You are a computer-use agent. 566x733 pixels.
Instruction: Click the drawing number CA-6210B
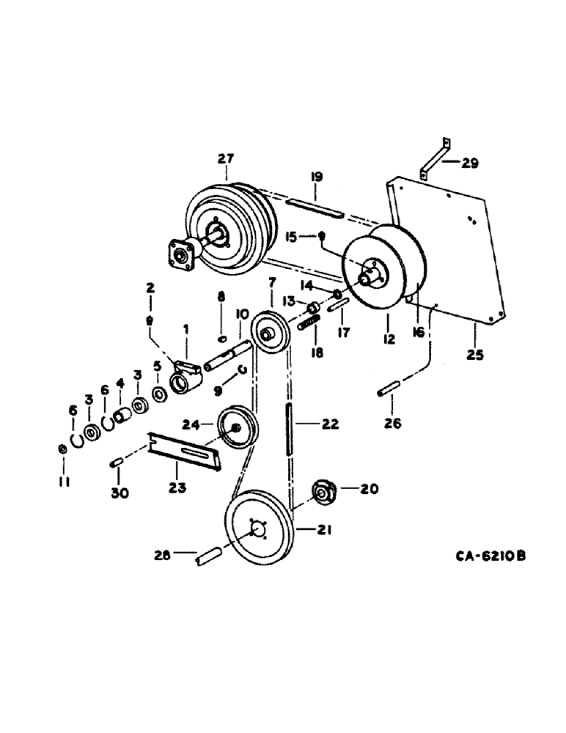pyautogui.click(x=490, y=556)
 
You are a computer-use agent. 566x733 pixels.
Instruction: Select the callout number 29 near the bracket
pyautogui.click(x=469, y=163)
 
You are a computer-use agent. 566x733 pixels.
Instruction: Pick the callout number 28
pyautogui.click(x=161, y=556)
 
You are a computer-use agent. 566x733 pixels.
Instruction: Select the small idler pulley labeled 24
pyautogui.click(x=233, y=430)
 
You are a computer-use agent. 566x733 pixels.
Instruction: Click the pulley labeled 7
pyautogui.click(x=271, y=334)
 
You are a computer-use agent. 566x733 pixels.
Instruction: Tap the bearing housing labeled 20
pyautogui.click(x=323, y=493)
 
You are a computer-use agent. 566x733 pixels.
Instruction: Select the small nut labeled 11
pyautogui.click(x=62, y=449)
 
